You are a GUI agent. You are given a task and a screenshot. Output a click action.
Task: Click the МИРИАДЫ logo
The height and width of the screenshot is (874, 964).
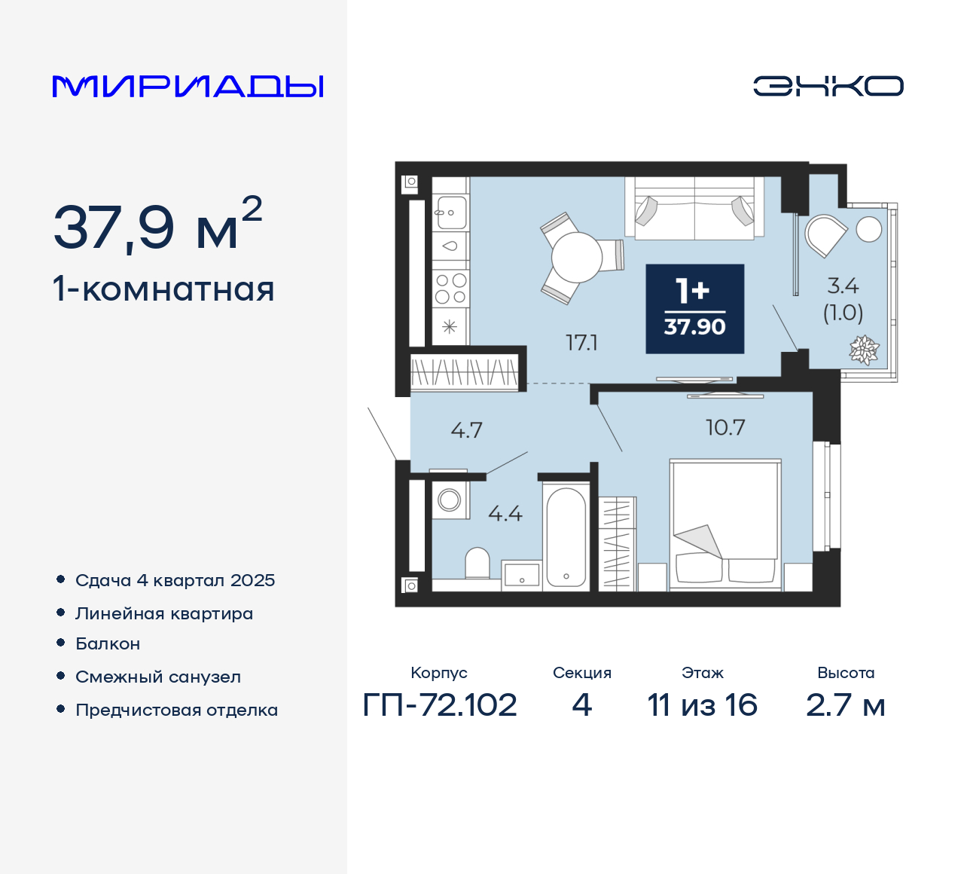(188, 87)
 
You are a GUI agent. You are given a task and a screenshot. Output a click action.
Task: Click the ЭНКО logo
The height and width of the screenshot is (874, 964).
(828, 86)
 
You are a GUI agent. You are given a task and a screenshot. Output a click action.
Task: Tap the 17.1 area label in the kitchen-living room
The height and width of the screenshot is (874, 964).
(581, 343)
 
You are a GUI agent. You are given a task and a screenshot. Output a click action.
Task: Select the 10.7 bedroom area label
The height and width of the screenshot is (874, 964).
(725, 428)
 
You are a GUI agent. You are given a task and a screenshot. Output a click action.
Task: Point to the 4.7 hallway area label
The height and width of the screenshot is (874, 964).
(466, 430)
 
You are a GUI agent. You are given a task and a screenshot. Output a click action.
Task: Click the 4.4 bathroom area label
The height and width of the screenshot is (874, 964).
(505, 514)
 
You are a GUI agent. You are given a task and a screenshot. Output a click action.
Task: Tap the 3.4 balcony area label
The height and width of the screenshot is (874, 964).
(842, 286)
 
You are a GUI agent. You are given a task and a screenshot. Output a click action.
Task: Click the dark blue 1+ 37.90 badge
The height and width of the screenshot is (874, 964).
(694, 309)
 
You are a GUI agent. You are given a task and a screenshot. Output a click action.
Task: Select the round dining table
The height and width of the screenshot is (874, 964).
(577, 258)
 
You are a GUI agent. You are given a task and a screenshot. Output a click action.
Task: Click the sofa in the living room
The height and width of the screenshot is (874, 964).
(694, 209)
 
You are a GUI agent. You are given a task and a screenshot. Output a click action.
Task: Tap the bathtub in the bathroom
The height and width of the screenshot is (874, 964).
(566, 536)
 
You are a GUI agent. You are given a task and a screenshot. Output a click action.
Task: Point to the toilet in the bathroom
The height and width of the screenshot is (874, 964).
(477, 563)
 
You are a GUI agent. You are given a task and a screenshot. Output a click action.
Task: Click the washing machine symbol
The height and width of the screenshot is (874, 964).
(450, 500)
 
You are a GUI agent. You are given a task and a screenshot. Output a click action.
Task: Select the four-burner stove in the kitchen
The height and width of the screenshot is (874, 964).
(450, 289)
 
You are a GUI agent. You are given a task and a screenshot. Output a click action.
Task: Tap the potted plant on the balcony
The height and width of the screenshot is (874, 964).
(864, 350)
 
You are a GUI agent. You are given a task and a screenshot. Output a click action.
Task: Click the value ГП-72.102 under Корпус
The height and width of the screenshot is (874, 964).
(440, 705)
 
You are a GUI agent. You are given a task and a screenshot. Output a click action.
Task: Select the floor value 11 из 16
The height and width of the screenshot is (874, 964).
(702, 705)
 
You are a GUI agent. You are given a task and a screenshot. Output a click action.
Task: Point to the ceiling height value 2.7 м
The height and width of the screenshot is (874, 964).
(845, 705)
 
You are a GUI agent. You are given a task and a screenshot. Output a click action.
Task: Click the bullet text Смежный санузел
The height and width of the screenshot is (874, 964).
(158, 677)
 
